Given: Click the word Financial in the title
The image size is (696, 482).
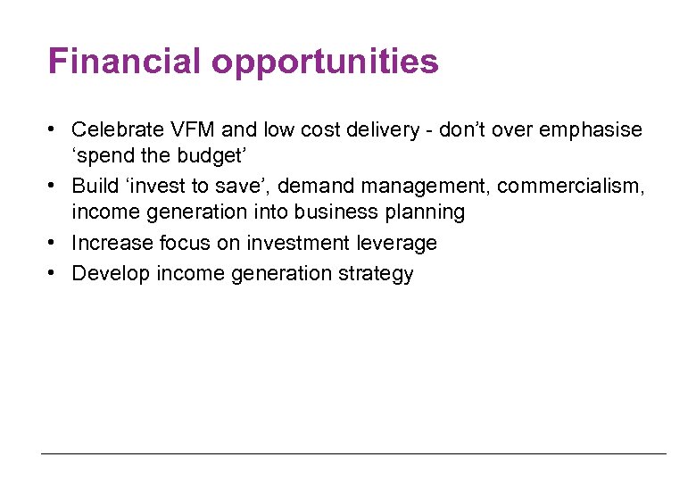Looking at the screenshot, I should point(125,62).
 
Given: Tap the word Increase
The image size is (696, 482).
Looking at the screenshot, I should point(111,244).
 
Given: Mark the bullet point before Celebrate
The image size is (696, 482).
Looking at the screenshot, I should point(55,130).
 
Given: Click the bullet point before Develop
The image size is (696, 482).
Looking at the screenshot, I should point(55,273).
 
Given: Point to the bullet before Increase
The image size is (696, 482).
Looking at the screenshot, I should point(55,244).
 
